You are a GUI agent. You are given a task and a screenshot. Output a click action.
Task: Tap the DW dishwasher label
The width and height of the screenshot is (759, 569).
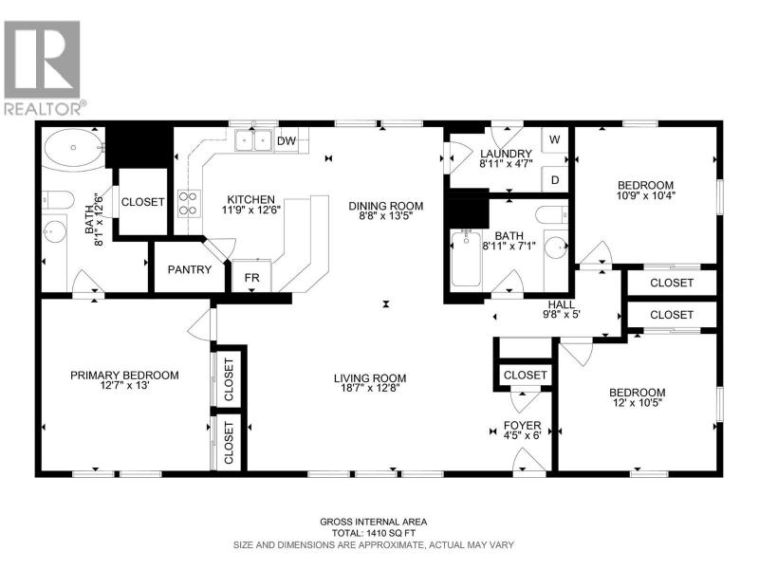[x=287, y=141]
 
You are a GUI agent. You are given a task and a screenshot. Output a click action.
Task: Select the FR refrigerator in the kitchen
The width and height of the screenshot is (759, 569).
[x=251, y=276]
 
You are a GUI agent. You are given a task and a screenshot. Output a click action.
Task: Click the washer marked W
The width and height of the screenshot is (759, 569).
[x=555, y=139]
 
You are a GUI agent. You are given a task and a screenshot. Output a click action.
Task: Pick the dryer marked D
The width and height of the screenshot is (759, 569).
[x=555, y=179]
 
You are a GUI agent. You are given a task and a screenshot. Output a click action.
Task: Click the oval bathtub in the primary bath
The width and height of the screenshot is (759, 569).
[x=74, y=148]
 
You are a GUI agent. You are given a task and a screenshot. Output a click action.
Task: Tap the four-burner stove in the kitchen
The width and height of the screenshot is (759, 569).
[x=189, y=203]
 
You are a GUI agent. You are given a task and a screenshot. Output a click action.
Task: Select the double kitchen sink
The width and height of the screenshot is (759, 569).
[x=254, y=140]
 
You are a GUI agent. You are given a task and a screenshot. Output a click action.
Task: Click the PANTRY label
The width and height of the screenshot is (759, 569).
[x=189, y=269]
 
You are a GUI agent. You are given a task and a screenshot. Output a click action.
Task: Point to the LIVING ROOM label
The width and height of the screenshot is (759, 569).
[x=370, y=377]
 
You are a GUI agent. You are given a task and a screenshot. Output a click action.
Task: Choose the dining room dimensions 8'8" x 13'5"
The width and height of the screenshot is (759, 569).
[x=386, y=216]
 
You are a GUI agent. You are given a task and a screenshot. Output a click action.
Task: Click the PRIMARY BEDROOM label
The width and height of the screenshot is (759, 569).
[x=124, y=375]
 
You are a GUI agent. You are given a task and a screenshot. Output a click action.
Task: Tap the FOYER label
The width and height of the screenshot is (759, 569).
[x=523, y=425]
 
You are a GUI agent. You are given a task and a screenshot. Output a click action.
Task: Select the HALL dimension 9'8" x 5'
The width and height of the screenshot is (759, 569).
[x=562, y=314]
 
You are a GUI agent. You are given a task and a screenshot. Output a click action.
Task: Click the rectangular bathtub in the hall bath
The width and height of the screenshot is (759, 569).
[x=466, y=259]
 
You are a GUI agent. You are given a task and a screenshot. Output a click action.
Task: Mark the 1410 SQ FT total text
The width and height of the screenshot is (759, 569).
[x=388, y=533]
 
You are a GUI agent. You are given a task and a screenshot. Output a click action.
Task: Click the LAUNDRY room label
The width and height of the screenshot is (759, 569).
[x=506, y=154]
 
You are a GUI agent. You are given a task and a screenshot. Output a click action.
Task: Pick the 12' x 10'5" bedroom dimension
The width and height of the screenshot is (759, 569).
[x=637, y=402]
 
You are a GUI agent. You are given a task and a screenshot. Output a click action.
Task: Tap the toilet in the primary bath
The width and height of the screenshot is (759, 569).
[x=58, y=199]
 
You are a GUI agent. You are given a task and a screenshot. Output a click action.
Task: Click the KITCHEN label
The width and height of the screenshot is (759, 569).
[x=251, y=199]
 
